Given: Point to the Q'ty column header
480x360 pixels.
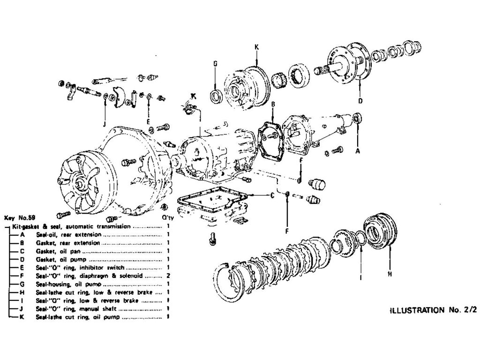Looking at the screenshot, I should click(x=167, y=218).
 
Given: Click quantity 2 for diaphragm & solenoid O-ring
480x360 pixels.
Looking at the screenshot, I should click(x=167, y=276).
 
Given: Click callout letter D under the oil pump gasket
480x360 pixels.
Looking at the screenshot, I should click(x=360, y=101).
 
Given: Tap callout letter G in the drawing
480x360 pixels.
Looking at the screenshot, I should click(x=215, y=64).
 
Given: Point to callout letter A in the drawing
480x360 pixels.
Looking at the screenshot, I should click(x=358, y=151).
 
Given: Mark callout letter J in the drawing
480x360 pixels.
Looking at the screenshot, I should click(x=105, y=124).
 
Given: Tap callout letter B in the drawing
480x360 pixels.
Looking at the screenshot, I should click(x=273, y=104).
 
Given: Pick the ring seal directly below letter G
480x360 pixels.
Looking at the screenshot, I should click(x=216, y=97).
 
